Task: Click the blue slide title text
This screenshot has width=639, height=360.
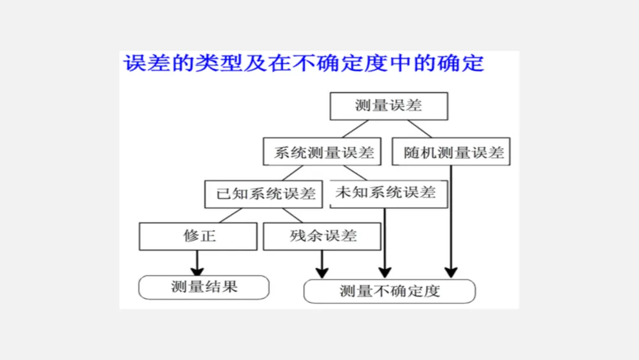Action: coord(303,63)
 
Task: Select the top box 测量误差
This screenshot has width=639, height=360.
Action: coord(389,106)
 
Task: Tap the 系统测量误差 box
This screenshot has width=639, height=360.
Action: coord(323,152)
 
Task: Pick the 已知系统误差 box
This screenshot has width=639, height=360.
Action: coord(264,194)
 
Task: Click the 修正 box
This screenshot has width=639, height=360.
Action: coord(198,236)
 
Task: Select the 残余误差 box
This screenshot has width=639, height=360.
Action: coord(322,236)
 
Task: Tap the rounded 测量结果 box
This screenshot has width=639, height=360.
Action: coord(204,287)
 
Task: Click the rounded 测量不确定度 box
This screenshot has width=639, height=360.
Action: coord(389,291)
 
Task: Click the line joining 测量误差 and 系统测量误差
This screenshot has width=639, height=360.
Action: coord(355,128)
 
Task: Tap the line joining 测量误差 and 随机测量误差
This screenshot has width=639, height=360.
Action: coord(419,128)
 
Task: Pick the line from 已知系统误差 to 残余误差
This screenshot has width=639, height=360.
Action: coord(292,216)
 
